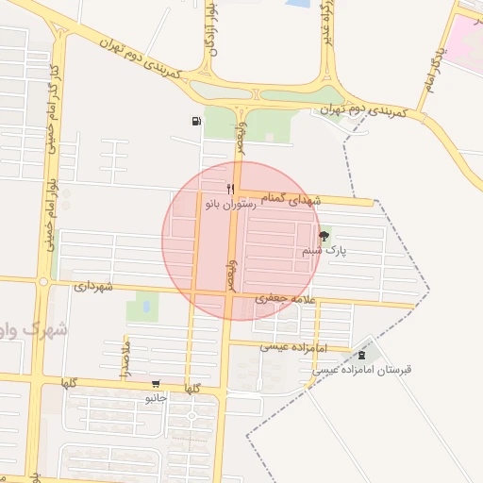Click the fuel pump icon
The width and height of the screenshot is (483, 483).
pyautogui.click(x=195, y=121)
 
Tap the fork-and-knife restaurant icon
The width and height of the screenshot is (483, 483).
pyautogui.click(x=230, y=190)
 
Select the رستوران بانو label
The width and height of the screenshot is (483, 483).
pyautogui.click(x=230, y=204)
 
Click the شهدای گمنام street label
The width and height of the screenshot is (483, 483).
pyautogui.click(x=294, y=200)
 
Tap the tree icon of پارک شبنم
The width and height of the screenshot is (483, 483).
pyautogui.click(x=325, y=237)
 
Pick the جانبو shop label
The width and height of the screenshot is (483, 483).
pyautogui.click(x=156, y=398)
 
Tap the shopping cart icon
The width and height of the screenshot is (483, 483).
pyautogui.click(x=156, y=384)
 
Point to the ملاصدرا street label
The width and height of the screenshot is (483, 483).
pyautogui.click(x=124, y=362)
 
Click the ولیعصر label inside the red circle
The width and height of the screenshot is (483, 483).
pyautogui.click(x=226, y=275)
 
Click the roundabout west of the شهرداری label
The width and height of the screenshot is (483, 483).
pyautogui.click(x=43, y=280)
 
